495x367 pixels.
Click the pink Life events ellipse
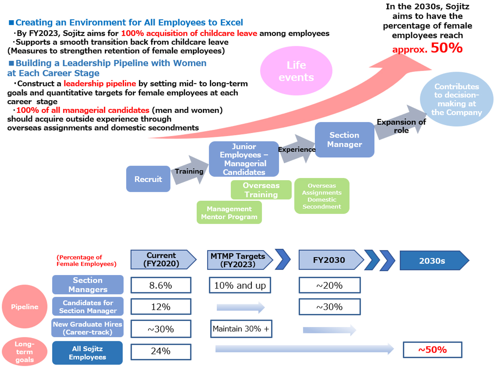[296, 71]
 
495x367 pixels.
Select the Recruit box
[148, 179]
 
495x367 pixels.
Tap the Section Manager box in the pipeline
[344, 140]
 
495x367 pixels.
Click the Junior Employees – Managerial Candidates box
[244, 159]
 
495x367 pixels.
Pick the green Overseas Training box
[261, 190]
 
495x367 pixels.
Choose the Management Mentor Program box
[229, 213]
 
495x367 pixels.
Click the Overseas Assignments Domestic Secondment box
[322, 196]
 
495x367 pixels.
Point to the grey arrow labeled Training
[190, 171]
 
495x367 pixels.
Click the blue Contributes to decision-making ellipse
[456, 99]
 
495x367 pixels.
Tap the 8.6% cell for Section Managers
[161, 285]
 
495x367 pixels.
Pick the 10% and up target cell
[240, 285]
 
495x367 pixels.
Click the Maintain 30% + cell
[241, 329]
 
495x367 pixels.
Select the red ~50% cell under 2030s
[432, 350]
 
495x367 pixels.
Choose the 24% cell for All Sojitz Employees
[161, 351]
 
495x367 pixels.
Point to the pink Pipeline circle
[24, 306]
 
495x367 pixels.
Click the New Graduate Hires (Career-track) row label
[88, 328]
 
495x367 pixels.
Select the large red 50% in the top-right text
[446, 48]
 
